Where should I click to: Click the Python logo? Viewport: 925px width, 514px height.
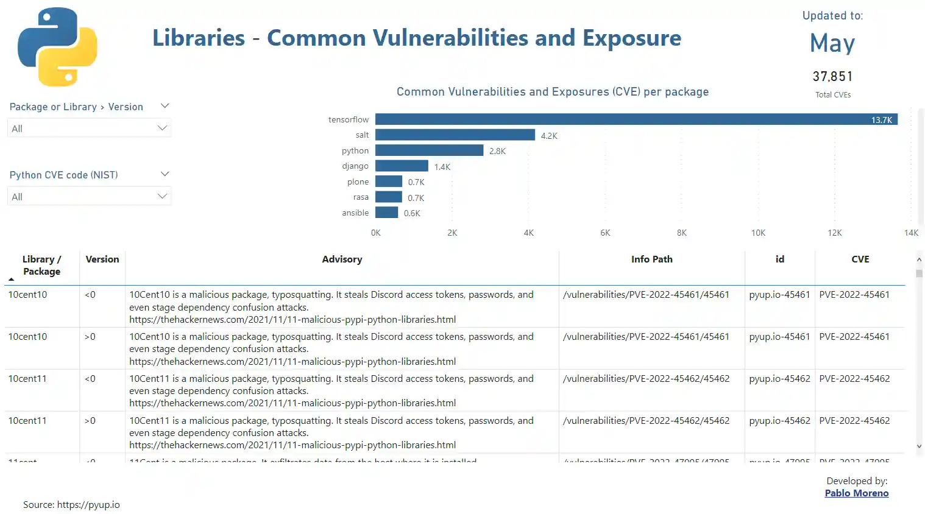tap(57, 47)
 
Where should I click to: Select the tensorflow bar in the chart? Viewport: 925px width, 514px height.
tap(636, 119)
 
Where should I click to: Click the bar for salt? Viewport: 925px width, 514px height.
tap(455, 135)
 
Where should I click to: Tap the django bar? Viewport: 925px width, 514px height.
tap(402, 166)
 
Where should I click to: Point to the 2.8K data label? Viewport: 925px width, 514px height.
tap(497, 151)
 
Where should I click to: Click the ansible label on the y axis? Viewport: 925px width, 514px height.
tap(355, 213)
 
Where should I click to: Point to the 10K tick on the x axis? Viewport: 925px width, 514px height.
tap(758, 233)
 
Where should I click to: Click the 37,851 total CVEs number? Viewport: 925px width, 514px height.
tap(832, 77)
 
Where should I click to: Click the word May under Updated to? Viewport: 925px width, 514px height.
tap(832, 43)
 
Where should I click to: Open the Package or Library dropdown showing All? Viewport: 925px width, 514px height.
tap(89, 128)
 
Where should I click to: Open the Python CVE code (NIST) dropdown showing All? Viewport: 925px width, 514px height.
tap(89, 197)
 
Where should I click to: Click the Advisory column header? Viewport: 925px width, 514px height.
tap(342, 259)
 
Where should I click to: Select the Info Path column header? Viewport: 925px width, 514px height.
tap(651, 259)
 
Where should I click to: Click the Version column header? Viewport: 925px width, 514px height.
tap(102, 259)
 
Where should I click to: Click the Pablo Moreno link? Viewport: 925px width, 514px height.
tap(856, 493)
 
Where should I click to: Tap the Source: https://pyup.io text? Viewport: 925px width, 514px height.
tap(71, 504)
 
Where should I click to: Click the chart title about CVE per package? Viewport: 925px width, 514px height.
tap(552, 92)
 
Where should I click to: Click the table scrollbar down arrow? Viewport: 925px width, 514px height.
tap(919, 446)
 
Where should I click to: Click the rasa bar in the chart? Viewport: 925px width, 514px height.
tap(388, 197)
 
